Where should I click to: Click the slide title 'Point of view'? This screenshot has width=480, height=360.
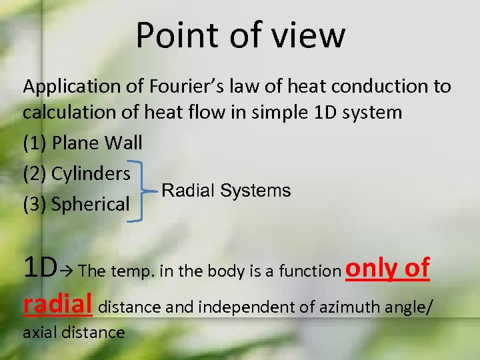click(241, 35)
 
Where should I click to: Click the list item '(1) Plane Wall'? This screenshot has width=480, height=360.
click(83, 143)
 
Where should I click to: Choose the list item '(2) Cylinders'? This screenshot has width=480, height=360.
click(77, 173)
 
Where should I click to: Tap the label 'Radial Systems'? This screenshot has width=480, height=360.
click(226, 191)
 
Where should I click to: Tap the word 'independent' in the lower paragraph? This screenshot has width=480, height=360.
click(230, 307)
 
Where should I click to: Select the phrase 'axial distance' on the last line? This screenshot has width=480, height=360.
click(73, 332)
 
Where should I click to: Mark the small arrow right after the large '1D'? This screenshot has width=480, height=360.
click(69, 270)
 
